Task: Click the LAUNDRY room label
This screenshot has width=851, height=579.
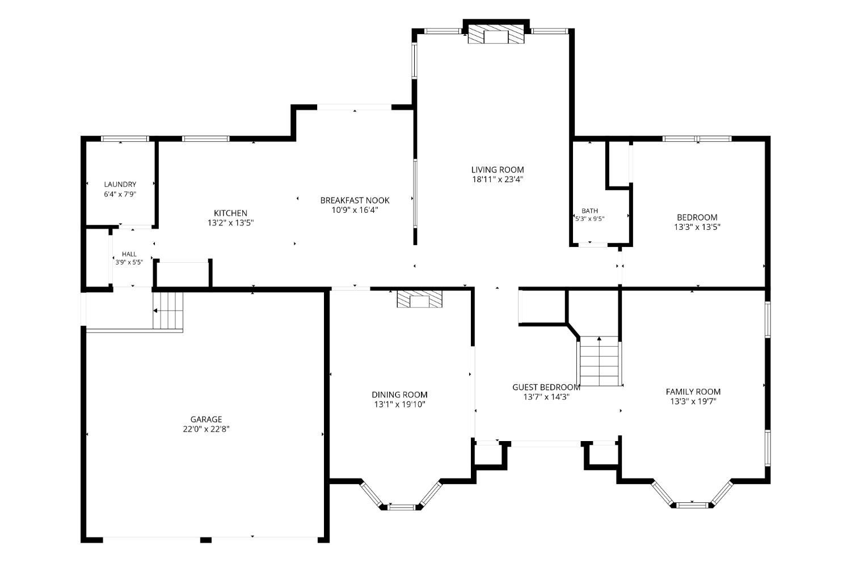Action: pyautogui.click(x=120, y=184)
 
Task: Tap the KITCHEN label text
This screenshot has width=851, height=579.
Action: pyautogui.click(x=230, y=213)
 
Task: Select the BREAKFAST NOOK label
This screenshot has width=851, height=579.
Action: pyautogui.click(x=355, y=200)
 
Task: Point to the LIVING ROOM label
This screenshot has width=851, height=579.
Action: pyautogui.click(x=498, y=170)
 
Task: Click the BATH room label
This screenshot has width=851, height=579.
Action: pyautogui.click(x=589, y=211)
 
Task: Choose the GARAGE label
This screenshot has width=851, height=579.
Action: pyautogui.click(x=207, y=419)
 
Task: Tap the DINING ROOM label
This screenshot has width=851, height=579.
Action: pyautogui.click(x=399, y=395)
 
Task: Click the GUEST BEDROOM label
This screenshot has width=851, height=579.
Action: pyautogui.click(x=546, y=387)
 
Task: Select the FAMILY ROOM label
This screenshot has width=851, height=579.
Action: pyautogui.click(x=693, y=392)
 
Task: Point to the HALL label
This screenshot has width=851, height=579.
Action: pyautogui.click(x=129, y=254)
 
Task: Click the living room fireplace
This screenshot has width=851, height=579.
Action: pyautogui.click(x=496, y=35)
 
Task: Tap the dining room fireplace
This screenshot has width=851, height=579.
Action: pyautogui.click(x=420, y=299)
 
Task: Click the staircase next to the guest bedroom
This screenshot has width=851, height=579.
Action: pyautogui.click(x=600, y=361)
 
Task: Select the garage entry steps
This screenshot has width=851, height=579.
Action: pyautogui.click(x=168, y=311)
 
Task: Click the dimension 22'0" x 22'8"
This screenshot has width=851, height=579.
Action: pyautogui.click(x=207, y=429)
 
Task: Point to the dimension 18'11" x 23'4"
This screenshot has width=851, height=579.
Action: pyautogui.click(x=498, y=179)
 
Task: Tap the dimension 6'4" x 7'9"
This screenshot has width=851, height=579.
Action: pyautogui.click(x=120, y=194)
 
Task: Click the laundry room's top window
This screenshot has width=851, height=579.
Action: pyautogui.click(x=125, y=139)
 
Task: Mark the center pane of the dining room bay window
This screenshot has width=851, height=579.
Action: pyautogui.click(x=402, y=507)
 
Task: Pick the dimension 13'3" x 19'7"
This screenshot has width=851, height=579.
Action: pyautogui.click(x=693, y=401)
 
